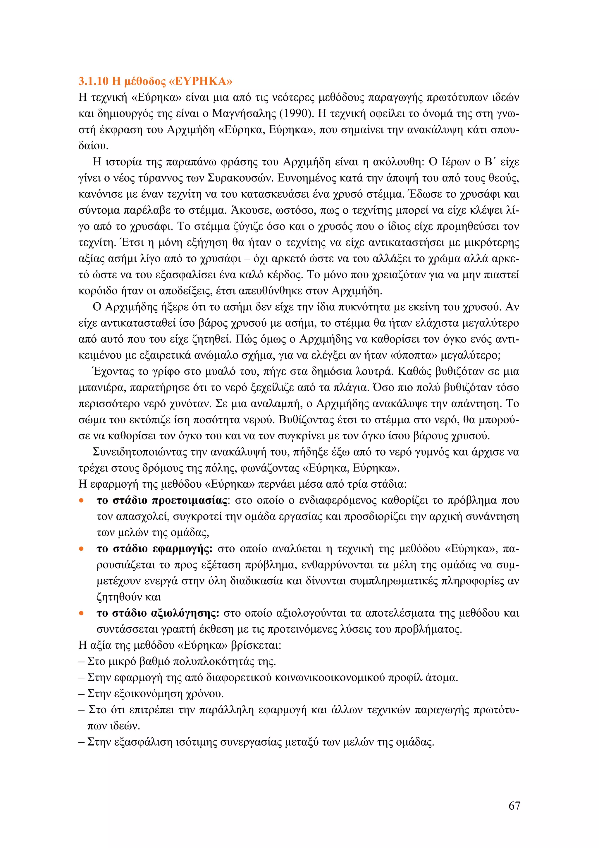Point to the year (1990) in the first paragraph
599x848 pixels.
[295, 113]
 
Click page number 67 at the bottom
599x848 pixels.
[514, 806]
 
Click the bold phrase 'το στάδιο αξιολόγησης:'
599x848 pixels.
[158, 613]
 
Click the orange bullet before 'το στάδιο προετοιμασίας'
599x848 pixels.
[82, 501]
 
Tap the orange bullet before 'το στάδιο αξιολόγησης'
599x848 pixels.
[82, 614]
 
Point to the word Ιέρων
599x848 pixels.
[455, 162]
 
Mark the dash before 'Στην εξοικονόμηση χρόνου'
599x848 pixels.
[82, 694]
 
